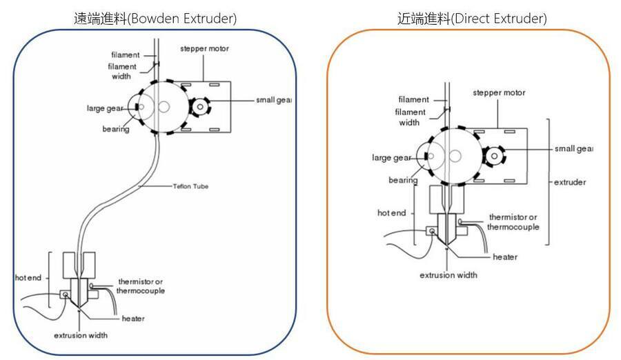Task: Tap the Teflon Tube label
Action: (x=191, y=186)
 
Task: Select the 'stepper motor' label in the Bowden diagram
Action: (x=204, y=49)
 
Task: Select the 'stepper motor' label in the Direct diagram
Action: (x=499, y=92)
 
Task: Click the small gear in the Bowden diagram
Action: (x=200, y=106)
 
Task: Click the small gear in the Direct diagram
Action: (x=495, y=157)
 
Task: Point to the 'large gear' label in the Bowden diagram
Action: (x=105, y=108)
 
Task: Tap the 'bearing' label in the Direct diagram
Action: (x=403, y=180)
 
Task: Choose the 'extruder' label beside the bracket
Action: (x=570, y=183)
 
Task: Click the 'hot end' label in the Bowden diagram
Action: (x=28, y=278)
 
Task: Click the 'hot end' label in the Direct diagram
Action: (x=391, y=213)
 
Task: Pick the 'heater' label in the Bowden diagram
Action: (x=132, y=318)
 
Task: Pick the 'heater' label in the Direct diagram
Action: (x=505, y=257)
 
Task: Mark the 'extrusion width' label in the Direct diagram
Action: (x=448, y=274)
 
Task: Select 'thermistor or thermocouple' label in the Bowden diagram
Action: (x=141, y=286)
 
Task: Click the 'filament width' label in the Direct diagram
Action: (x=411, y=117)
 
